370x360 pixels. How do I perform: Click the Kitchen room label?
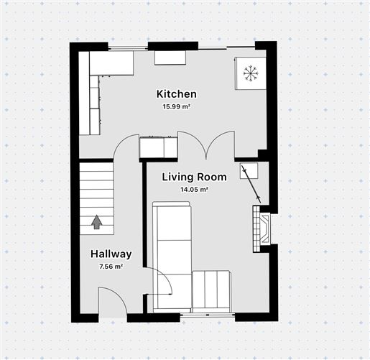pos(176,94)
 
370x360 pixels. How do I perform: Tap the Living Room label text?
pos(194,177)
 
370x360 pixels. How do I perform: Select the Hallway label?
pos(111,254)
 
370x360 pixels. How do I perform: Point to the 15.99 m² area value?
pos(176,107)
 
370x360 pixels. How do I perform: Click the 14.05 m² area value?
pos(194,190)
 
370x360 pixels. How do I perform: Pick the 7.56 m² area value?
pos(111,267)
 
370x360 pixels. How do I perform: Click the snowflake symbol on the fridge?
pos(250,73)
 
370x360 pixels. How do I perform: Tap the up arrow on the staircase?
pos(97,222)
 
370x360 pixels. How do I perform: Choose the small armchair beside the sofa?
pos(211,291)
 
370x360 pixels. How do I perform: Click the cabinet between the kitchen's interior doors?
pos(158,148)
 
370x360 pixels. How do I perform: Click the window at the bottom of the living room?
pos(206,314)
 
